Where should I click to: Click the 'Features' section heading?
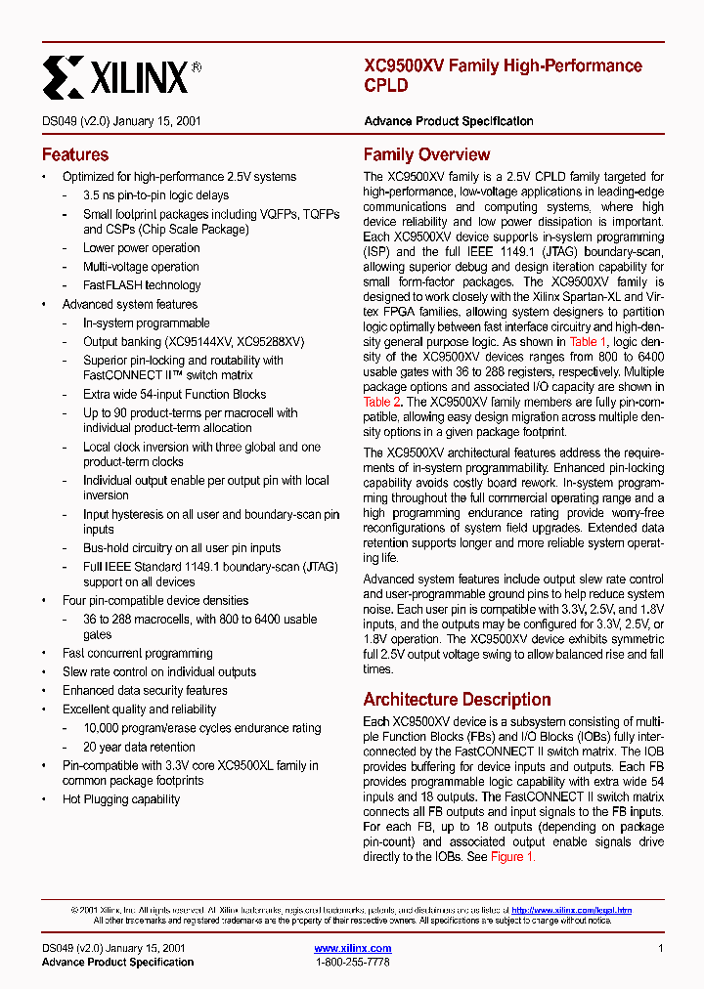75,154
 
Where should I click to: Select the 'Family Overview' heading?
426,154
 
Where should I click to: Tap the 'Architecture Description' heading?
457,699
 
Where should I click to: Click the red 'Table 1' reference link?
589,342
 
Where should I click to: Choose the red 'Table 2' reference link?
382,402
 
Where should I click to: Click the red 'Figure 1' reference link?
512,856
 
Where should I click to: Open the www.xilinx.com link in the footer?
352,948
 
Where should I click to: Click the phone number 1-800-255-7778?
352,962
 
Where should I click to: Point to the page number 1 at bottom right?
661,948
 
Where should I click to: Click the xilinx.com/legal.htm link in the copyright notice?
571,910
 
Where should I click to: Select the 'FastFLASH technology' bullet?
141,285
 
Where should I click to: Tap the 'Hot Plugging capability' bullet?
121,799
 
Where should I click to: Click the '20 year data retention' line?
139,747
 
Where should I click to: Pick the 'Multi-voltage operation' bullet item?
141,267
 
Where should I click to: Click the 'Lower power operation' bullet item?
141,248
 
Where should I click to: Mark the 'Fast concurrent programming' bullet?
137,653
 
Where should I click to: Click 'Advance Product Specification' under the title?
448,121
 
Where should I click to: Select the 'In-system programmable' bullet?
146,322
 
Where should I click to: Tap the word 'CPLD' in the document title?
385,85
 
